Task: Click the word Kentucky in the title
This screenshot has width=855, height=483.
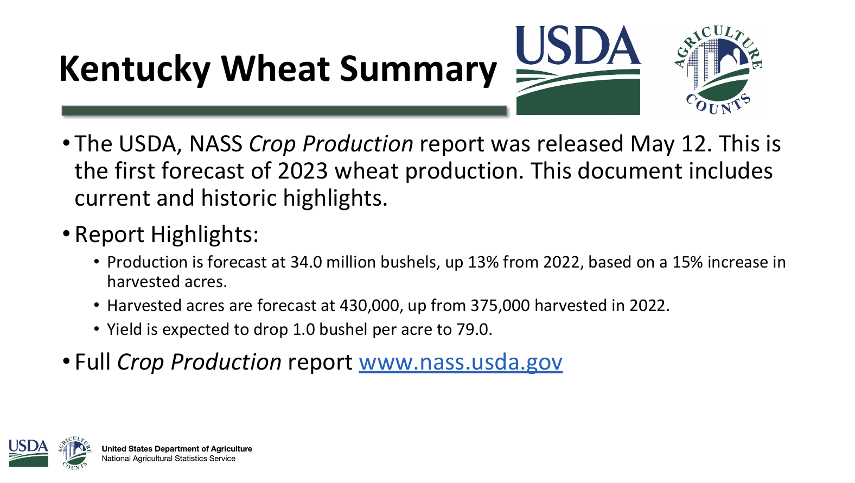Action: point(135,70)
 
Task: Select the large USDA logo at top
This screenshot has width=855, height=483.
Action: point(578,70)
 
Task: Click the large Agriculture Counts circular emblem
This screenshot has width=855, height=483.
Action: point(717,70)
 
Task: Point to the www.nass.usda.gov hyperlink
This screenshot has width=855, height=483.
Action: point(460,362)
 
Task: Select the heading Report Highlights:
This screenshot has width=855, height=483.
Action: point(167,234)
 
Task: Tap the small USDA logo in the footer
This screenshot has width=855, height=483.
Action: point(28,453)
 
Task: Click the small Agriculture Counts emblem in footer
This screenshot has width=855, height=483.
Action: point(74,453)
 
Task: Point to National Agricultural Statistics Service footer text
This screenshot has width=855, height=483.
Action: point(169,459)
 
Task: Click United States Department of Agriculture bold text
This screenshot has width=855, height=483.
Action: point(177,449)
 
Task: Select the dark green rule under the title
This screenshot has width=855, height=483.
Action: point(284,111)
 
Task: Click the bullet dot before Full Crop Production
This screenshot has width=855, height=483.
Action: point(66,361)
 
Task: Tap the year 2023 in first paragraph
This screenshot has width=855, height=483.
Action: point(302,171)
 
